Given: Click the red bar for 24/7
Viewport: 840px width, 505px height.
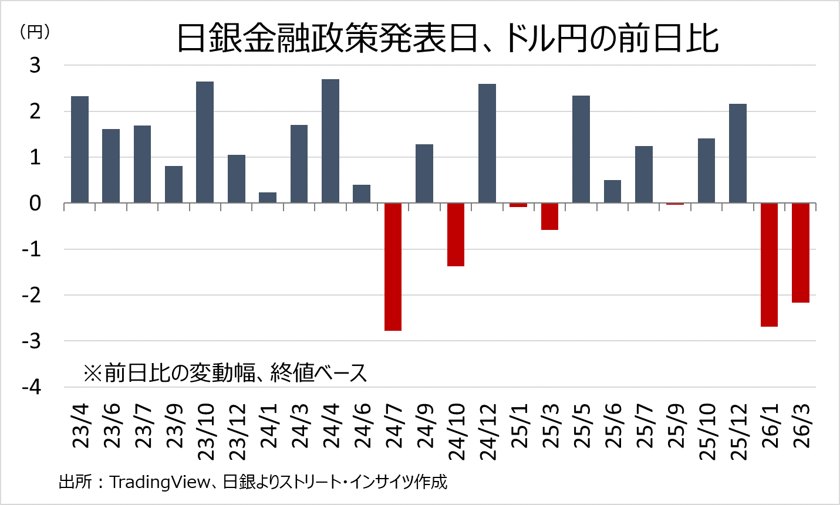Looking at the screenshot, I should pyautogui.click(x=393, y=267).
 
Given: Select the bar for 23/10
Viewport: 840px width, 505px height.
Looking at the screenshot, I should pyautogui.click(x=205, y=143).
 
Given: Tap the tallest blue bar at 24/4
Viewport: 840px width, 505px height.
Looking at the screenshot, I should pyautogui.click(x=330, y=141).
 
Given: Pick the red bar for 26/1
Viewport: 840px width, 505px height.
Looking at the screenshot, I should pyautogui.click(x=769, y=265).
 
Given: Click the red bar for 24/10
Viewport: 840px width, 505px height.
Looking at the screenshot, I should pyautogui.click(x=456, y=235).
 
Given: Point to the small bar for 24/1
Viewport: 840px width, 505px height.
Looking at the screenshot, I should pyautogui.click(x=268, y=198).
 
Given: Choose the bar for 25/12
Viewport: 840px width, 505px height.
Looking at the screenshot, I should pyautogui.click(x=738, y=154).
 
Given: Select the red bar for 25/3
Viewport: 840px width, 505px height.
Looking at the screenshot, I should pyautogui.click(x=549, y=216).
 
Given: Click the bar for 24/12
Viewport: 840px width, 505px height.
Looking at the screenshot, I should pyautogui.click(x=487, y=144).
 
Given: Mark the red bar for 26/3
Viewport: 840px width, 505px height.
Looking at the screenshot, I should pyautogui.click(x=801, y=253).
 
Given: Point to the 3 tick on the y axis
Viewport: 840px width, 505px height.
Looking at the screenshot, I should pyautogui.click(x=35, y=65).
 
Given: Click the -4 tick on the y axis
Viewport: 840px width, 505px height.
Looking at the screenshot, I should pyautogui.click(x=32, y=387).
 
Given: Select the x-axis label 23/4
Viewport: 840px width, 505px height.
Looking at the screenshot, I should pyautogui.click(x=80, y=426).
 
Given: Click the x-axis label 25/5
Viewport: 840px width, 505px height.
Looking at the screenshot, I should pyautogui.click(x=581, y=426).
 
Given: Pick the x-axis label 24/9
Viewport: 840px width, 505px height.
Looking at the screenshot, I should pyautogui.click(x=424, y=426).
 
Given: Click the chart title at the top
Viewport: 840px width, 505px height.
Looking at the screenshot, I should pyautogui.click(x=447, y=39).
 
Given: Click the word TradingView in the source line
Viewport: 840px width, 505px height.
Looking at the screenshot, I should pyautogui.click(x=160, y=482).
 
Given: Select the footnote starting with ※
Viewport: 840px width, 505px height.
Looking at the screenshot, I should pyautogui.click(x=225, y=372).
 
